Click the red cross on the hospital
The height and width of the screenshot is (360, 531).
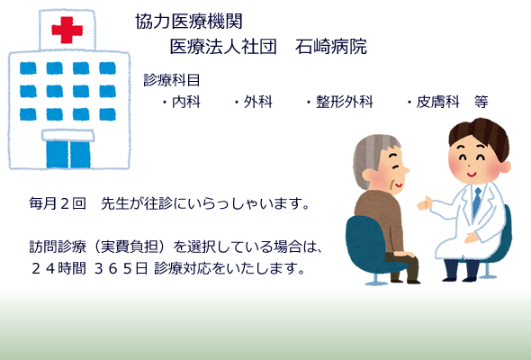[x=67, y=30]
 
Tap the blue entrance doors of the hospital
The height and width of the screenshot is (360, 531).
[x=68, y=155]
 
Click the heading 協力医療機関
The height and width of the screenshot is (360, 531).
[x=189, y=22]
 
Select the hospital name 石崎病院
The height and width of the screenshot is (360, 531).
[x=331, y=47]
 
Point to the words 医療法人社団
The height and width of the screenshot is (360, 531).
[x=223, y=47]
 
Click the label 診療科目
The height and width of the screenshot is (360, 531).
[x=172, y=80]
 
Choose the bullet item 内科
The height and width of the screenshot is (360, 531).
[x=186, y=102]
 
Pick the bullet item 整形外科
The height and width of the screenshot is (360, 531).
[x=345, y=102]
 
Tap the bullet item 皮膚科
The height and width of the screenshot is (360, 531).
[x=438, y=102]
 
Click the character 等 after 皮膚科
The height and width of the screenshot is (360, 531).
[x=481, y=102]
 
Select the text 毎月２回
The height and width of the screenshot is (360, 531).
[x=58, y=203]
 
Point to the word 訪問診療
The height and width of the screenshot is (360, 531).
[x=58, y=247]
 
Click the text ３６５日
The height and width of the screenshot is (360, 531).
[x=121, y=268]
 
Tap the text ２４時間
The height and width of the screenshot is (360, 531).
[x=58, y=268]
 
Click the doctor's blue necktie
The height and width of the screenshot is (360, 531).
[x=476, y=202]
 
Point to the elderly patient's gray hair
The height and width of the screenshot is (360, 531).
[x=369, y=156]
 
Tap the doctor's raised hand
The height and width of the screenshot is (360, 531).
[x=425, y=203]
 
